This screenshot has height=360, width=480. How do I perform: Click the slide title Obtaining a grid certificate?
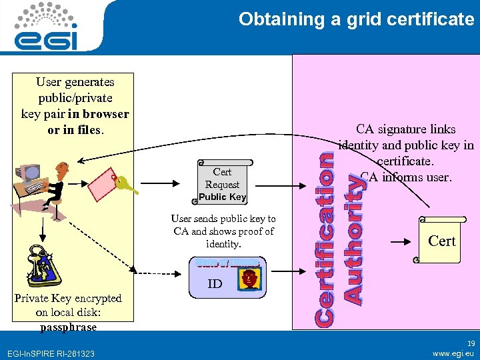pos(356,19)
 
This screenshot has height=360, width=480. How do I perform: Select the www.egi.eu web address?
pos(453,353)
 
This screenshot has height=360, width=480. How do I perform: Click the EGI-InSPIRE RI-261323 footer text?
pos(50,353)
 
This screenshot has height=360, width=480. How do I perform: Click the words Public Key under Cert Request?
pos(223,197)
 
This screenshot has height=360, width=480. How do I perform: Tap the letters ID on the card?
pos(215,284)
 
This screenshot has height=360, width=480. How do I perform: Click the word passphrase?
pos(68,327)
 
